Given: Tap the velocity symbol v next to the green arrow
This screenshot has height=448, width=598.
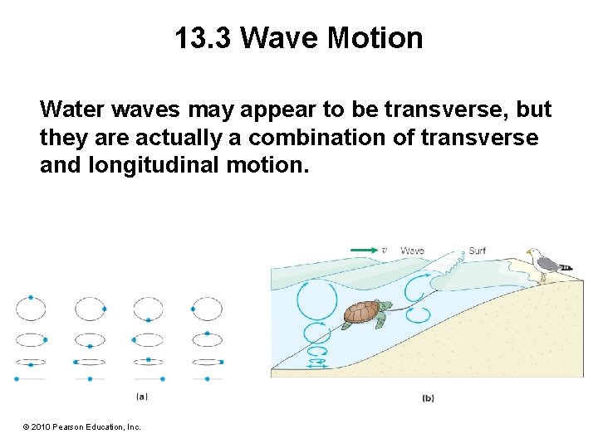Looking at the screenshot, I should pos(384,250).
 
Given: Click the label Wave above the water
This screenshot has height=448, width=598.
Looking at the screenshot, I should pos(413,250).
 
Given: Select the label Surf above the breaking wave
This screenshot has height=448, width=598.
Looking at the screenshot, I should pos(478,250).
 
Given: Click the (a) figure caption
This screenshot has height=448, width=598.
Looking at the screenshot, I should pos(142,397).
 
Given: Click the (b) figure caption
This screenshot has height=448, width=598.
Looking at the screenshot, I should pos(428,398).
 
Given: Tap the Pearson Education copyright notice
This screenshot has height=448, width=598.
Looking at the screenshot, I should pos(82,426).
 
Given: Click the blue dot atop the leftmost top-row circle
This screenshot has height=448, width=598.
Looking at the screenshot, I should pos(31,297).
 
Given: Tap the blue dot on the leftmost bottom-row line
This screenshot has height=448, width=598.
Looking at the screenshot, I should pos(16,378).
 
